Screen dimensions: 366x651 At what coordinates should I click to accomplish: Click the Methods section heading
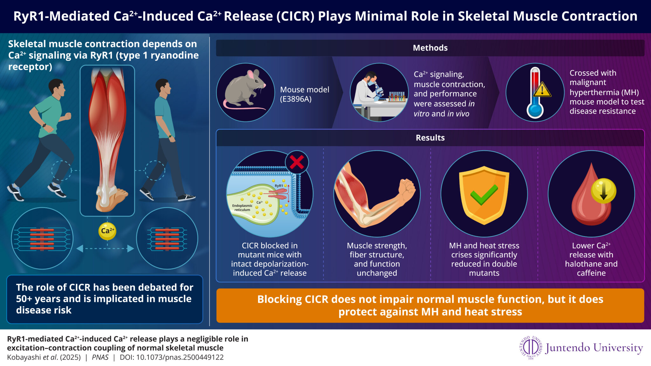click(430, 48)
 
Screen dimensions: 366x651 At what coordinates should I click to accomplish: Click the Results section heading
click(430, 138)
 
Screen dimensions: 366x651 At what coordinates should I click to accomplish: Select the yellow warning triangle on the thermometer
click(542, 90)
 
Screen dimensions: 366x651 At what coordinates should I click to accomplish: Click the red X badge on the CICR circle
click(297, 162)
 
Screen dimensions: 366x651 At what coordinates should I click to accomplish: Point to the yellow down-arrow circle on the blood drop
click(603, 191)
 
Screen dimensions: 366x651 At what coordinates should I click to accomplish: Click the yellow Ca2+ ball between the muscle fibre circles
click(107, 231)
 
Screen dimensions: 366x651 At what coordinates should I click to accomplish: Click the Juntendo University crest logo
click(531, 348)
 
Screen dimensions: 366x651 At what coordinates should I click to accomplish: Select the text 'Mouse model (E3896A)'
click(304, 94)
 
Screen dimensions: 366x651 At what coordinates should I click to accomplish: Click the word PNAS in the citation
click(100, 357)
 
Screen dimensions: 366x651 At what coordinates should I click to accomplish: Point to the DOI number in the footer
click(180, 357)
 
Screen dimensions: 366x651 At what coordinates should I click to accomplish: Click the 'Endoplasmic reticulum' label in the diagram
click(242, 208)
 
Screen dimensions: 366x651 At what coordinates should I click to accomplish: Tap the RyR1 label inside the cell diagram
click(278, 186)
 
